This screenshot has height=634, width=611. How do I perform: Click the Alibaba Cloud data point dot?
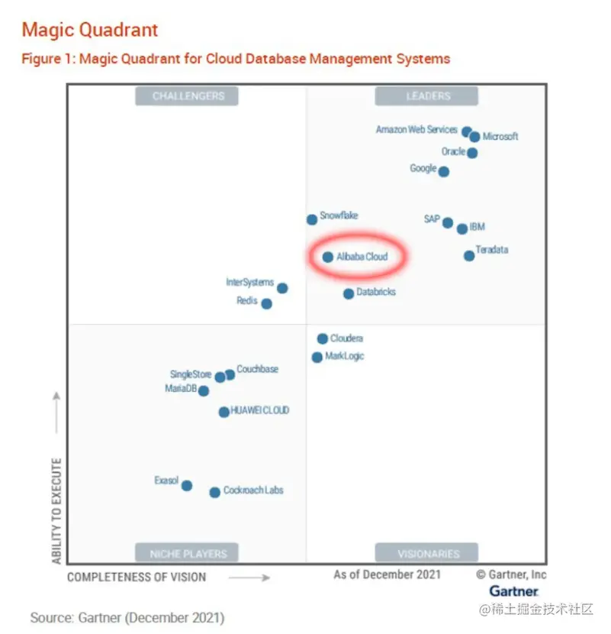[x=328, y=257]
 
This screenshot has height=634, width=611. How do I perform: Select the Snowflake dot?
[x=312, y=220]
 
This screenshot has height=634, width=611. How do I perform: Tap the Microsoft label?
[x=500, y=137]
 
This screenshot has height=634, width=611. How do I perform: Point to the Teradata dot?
[x=469, y=255]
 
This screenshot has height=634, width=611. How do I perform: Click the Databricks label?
[x=376, y=293]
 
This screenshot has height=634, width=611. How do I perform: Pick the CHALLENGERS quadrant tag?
[x=188, y=96]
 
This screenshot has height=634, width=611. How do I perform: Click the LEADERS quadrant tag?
[x=426, y=96]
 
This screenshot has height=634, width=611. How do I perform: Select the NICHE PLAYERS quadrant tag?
[x=188, y=553]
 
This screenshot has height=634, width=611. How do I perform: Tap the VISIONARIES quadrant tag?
[x=427, y=553]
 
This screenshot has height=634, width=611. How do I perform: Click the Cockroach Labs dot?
[x=215, y=493]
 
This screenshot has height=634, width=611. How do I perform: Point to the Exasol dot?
[x=186, y=486]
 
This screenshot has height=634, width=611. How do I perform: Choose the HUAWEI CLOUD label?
[x=260, y=411]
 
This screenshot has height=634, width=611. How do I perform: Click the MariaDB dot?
[x=204, y=391]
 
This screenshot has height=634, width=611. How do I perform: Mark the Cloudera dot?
[x=323, y=338]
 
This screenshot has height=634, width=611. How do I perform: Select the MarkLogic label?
[x=345, y=357]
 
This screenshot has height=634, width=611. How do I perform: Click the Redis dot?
[x=266, y=304]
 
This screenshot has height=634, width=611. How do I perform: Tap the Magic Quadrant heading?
[x=90, y=31]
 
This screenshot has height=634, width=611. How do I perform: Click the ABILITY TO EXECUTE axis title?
[x=56, y=512]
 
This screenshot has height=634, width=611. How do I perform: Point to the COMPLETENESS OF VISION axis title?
[x=137, y=577]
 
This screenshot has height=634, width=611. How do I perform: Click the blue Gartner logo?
[x=514, y=591]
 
